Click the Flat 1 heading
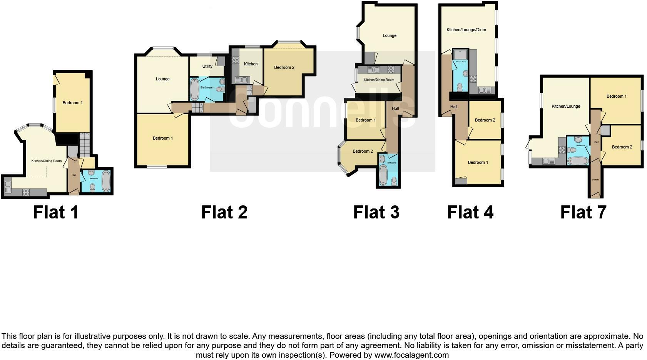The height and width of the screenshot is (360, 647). pos(56,212)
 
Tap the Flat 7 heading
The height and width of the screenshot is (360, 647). pos(583,212)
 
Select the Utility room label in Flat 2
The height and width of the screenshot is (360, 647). pos(207,66)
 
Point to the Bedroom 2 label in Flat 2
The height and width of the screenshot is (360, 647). pos(284,68)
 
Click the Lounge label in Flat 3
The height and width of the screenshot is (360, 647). pos(389,36)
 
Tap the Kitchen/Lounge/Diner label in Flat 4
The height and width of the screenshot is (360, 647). pos(466,30)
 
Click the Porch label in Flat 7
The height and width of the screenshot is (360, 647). pos(595,180)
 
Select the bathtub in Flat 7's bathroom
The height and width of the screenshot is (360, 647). pos(577,161)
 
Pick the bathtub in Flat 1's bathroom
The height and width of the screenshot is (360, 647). pos(106,182)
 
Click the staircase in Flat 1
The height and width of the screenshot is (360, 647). pos(84,145)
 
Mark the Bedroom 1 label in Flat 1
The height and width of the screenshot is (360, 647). pos(72,103)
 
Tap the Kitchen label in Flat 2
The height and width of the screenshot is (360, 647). pos(251,64)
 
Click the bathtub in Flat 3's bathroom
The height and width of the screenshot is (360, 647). pos(383,175)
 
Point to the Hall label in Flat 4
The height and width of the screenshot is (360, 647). pos(454,107)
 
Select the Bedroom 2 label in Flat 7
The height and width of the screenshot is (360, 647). pos(622,147)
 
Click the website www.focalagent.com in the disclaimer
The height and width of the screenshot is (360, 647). pos(411,355)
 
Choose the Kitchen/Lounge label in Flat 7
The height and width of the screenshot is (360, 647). pos(565,107)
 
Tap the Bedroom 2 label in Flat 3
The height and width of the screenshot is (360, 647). pos(363,152)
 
